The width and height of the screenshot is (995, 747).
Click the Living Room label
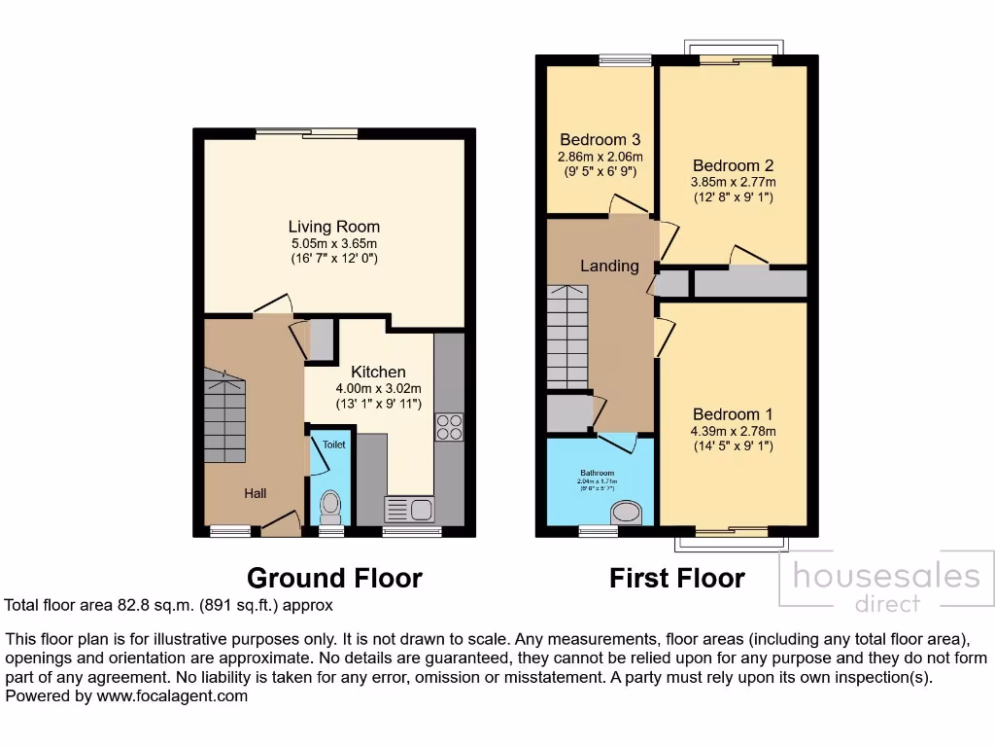click(333, 228)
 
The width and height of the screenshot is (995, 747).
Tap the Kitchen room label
click(378, 372)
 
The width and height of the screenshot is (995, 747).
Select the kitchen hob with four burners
click(450, 427)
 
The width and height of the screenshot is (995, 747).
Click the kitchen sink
click(409, 509)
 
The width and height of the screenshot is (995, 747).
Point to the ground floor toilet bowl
click(331, 504)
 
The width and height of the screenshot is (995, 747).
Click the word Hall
click(255, 494)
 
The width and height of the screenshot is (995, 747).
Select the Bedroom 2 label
click(733, 165)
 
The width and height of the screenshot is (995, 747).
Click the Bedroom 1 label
click(733, 414)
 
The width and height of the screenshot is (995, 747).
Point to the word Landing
click(609, 266)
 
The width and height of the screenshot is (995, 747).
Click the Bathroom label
click(596, 473)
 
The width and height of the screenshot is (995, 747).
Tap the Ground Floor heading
click(334, 578)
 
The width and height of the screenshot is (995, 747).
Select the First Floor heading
click(676, 578)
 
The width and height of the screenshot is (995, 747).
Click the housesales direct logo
click(886, 587)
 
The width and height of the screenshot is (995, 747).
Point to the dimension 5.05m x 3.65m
click(333, 244)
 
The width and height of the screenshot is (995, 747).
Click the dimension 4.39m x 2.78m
click(733, 431)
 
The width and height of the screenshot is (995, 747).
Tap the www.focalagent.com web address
click(172, 696)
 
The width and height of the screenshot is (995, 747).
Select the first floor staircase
click(566, 337)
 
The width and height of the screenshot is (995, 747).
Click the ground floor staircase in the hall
click(224, 415)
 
